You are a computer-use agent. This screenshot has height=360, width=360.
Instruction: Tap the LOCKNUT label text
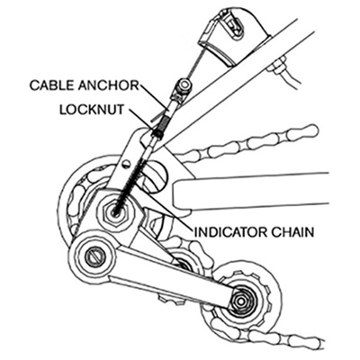tap(92, 110)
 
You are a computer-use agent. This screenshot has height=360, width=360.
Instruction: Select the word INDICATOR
tap(231, 232)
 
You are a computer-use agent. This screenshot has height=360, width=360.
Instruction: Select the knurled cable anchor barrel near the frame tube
tap(184, 85)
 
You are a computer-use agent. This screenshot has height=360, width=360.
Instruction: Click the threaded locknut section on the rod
tap(159, 126)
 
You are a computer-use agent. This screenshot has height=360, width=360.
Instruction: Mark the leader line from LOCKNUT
tap(141, 119)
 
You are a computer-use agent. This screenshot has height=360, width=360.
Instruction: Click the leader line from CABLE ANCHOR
tap(153, 97)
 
